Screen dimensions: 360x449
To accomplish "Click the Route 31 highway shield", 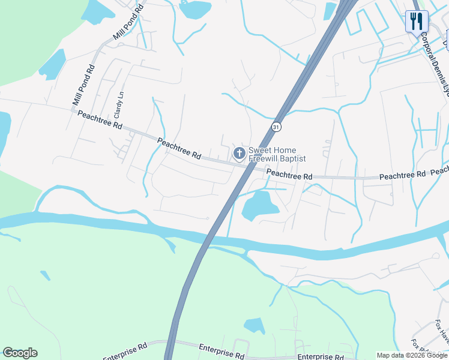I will coord(276,127).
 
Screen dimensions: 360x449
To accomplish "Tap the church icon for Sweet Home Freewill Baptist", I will coord(239,154).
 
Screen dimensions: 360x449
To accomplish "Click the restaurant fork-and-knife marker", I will coord(415,22).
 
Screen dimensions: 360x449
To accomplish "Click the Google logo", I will coord(20,353).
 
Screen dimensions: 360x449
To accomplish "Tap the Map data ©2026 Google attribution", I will coord(412,355).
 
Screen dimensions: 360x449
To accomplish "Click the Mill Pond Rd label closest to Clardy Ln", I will coord(83,86).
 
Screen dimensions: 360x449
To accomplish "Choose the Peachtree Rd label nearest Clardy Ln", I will coord(100,120).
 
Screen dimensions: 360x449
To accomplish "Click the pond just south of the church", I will coord(260,206).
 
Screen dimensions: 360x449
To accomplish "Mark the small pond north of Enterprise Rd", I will coord(255,326).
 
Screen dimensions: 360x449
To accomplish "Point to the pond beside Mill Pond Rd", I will coord(53,64).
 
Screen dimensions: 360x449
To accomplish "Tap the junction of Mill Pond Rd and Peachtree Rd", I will coord(71,109).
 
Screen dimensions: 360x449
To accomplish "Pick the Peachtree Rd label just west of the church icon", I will coord(179,148).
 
